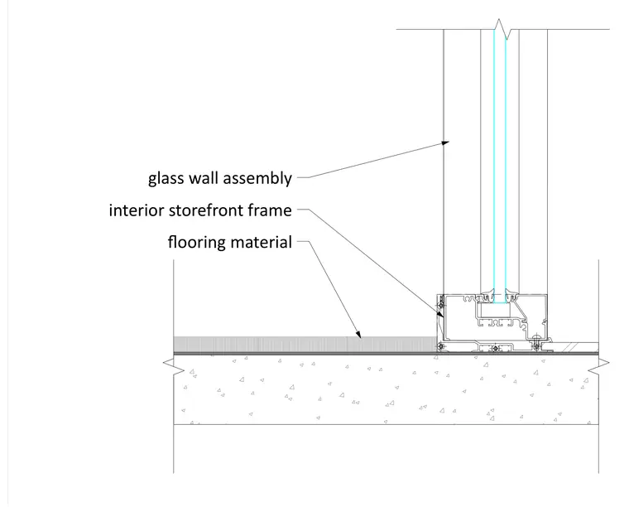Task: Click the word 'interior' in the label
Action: point(137,210)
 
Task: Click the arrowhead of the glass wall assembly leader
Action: point(445,142)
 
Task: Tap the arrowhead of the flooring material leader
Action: point(358,334)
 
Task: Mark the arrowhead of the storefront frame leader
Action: point(441,314)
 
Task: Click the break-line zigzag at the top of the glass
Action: point(502,29)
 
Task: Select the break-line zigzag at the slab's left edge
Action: point(174,365)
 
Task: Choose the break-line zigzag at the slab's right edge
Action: point(598,365)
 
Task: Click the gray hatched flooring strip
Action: point(305,344)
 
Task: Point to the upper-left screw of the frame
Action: point(441,306)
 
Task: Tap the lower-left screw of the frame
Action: point(441,346)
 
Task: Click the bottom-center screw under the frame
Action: point(496,348)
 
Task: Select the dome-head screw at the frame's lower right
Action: point(536,343)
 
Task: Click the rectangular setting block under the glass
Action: point(496,310)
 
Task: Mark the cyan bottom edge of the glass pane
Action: point(500,302)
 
